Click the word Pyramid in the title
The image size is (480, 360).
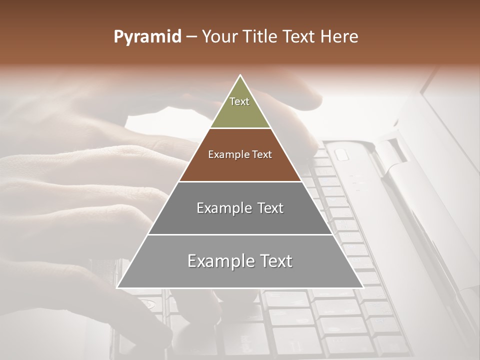[x=147, y=36]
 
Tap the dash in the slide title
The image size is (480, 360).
[x=191, y=37]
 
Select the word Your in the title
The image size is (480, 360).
[x=219, y=36]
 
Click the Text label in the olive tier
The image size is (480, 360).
[x=239, y=101]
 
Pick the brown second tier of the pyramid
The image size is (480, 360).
[x=240, y=167]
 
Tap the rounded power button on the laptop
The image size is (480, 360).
[x=341, y=154]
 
